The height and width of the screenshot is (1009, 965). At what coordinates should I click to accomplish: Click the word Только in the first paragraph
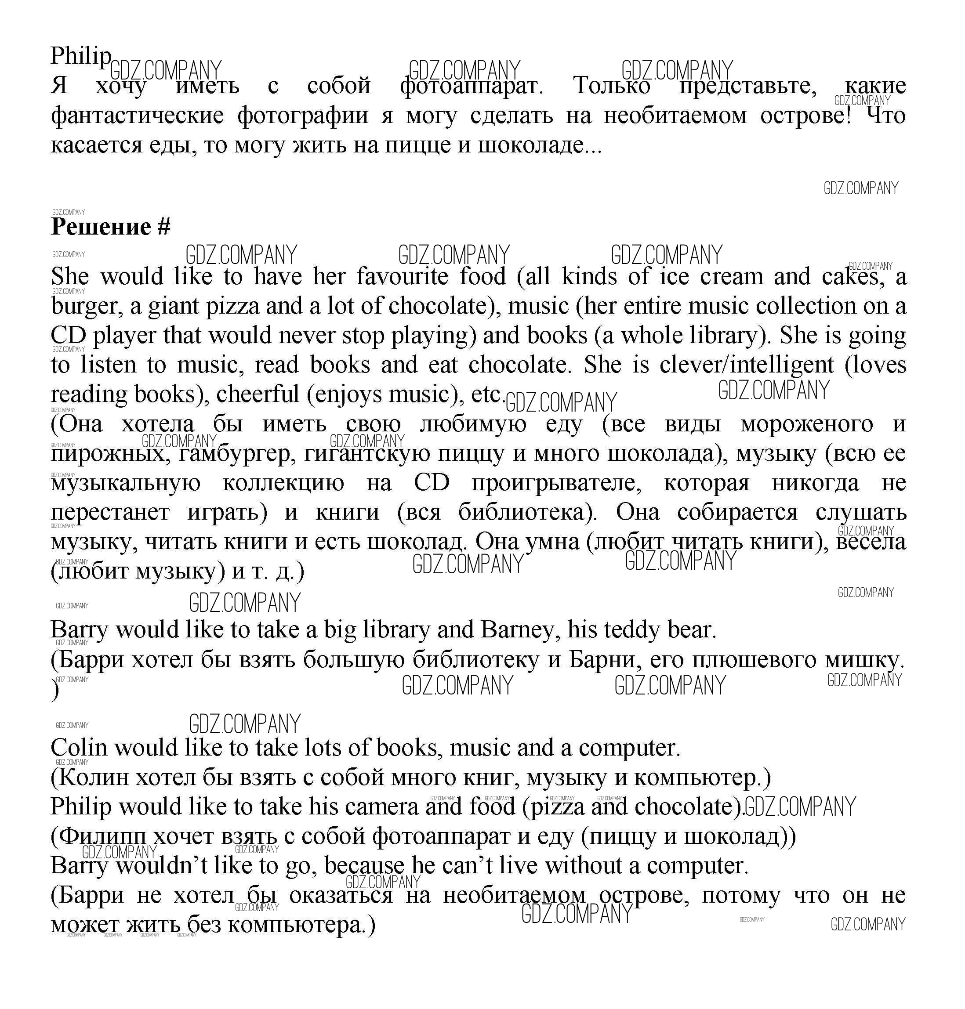tap(612, 85)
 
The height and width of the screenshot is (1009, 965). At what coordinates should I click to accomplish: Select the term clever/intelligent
tap(747, 365)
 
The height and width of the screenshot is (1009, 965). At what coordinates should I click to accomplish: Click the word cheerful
tap(258, 394)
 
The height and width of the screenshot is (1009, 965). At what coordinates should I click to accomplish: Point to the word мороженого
tap(806, 424)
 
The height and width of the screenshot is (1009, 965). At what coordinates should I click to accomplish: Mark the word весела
tap(871, 542)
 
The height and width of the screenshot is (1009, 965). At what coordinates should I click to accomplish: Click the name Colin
tap(79, 748)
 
